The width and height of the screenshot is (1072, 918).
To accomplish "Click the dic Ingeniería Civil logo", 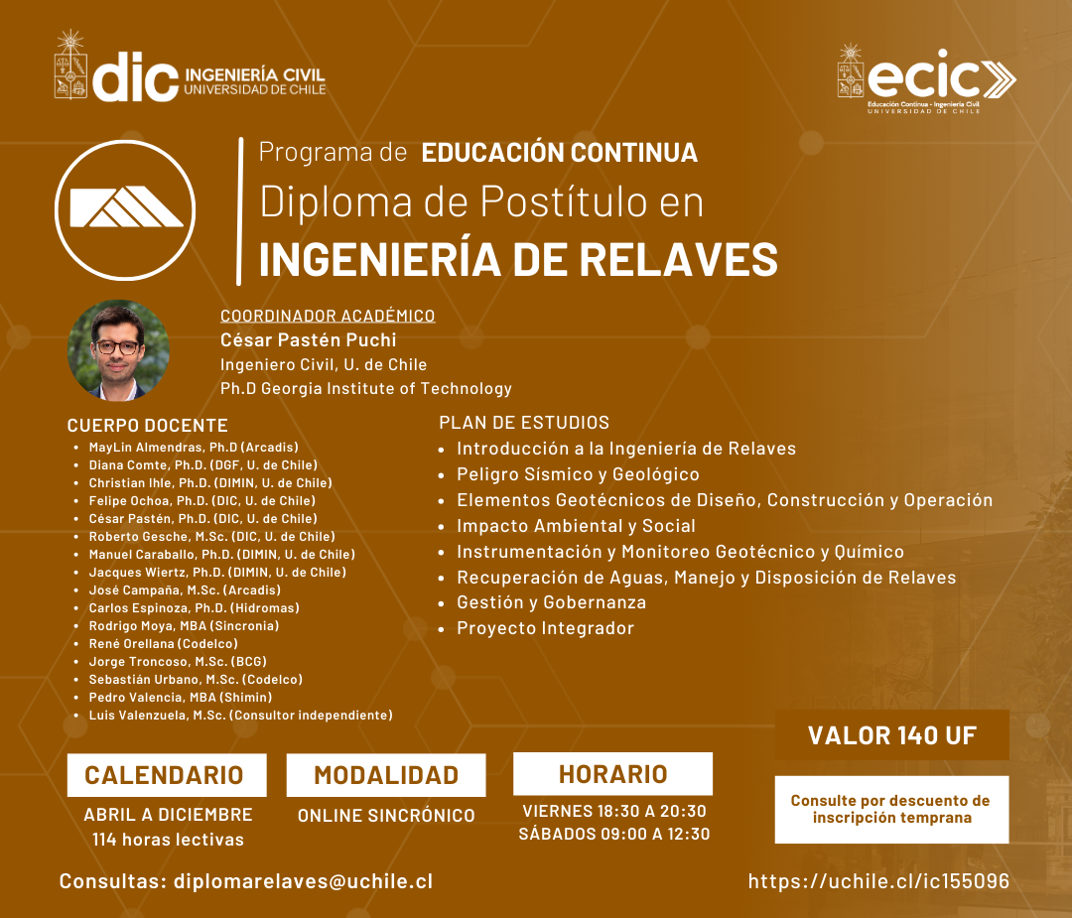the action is click(x=190, y=66).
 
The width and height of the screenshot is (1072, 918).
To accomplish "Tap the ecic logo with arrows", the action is click(x=927, y=79).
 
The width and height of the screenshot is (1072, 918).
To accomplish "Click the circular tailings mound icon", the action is click(x=125, y=209).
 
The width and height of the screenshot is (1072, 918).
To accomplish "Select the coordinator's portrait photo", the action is click(x=118, y=350).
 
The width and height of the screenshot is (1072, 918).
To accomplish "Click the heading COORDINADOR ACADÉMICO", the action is click(x=328, y=316).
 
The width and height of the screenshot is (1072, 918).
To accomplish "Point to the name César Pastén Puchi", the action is click(x=309, y=339).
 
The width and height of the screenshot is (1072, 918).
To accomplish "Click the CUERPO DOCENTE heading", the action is click(x=148, y=425).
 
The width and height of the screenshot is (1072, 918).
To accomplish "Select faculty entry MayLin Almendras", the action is click(x=194, y=447).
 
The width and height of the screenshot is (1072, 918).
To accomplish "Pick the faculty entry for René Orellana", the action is click(x=164, y=643).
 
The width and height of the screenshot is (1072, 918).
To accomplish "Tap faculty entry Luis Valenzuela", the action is click(x=240, y=715).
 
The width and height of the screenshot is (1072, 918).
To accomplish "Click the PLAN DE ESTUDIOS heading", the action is click(x=524, y=423).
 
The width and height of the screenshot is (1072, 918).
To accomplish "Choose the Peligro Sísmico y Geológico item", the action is click(x=578, y=473).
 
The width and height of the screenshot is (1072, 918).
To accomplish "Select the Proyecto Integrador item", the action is click(x=545, y=628).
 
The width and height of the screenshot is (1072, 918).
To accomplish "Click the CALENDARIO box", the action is click(x=167, y=775).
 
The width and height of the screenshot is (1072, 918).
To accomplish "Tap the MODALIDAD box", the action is click(x=386, y=775).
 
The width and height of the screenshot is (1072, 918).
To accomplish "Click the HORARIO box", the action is click(x=613, y=774).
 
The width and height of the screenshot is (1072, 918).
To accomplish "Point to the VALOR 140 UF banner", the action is click(x=892, y=734).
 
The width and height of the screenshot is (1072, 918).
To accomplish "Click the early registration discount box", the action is click(x=891, y=809).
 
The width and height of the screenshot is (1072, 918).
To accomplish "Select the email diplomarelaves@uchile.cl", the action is click(x=303, y=881).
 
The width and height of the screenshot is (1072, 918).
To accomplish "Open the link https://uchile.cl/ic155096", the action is click(x=878, y=881).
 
